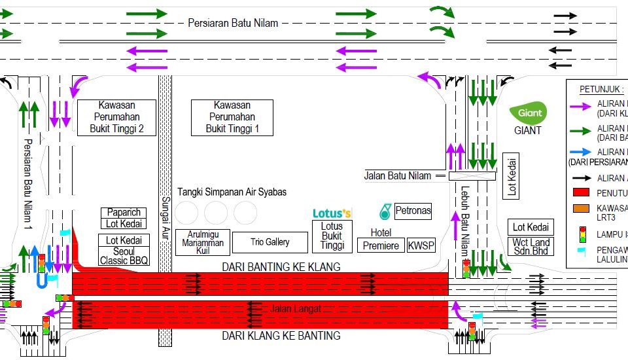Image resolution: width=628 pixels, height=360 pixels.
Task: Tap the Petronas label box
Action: click(x=413, y=211)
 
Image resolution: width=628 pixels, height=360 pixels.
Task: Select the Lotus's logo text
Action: click(x=332, y=213)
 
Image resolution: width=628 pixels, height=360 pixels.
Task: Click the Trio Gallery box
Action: click(x=270, y=242)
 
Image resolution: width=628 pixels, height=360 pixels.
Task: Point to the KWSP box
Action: click(x=421, y=245)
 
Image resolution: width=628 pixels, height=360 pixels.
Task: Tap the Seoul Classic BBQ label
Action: click(x=124, y=255)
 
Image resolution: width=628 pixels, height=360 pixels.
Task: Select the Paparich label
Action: click(x=124, y=213)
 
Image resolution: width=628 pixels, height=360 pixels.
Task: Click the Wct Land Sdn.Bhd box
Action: click(x=531, y=247)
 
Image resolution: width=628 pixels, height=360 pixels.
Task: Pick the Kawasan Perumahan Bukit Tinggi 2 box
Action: click(x=116, y=117)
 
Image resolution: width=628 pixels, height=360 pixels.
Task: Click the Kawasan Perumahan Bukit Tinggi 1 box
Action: click(x=232, y=117)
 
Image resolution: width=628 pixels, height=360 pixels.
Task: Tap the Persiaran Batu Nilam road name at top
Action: click(x=233, y=23)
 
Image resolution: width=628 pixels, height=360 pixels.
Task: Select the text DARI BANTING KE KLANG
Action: click(x=281, y=266)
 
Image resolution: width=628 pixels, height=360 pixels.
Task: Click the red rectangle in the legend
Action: click(x=582, y=192)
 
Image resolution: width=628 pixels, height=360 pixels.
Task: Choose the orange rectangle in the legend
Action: click(x=582, y=209)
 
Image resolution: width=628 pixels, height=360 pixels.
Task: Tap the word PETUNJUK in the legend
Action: click(x=597, y=89)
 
